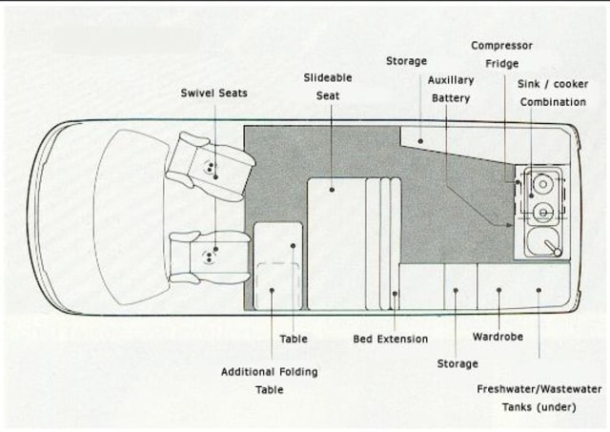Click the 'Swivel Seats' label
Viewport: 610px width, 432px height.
pyautogui.click(x=213, y=93)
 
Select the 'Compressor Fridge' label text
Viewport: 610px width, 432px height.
pyautogui.click(x=501, y=54)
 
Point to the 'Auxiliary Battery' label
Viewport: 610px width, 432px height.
pyautogui.click(x=451, y=89)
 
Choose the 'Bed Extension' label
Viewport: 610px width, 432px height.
pyautogui.click(x=390, y=339)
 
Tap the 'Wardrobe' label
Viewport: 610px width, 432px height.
pyautogui.click(x=498, y=337)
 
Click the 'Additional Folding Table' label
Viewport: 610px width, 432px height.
pyautogui.click(x=269, y=381)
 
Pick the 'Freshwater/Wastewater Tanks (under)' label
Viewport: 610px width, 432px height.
pyautogui.click(x=539, y=398)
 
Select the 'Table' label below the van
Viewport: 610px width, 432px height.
pyautogui.click(x=294, y=339)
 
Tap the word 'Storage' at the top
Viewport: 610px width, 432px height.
pyautogui.click(x=406, y=61)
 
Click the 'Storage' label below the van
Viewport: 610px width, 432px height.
pyautogui.click(x=457, y=363)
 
